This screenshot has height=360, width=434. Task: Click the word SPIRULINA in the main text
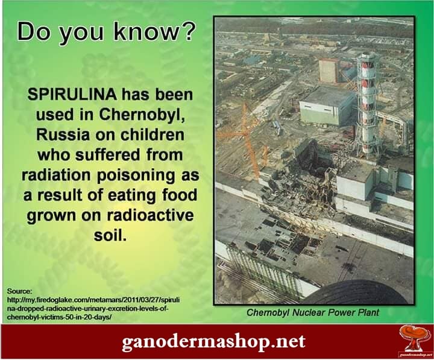click(x=72, y=95)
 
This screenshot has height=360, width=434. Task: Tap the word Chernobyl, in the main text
click(x=142, y=115)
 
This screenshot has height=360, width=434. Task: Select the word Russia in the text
click(x=63, y=135)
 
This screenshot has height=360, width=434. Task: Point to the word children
click(x=152, y=134)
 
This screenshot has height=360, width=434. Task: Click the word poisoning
click(x=136, y=175)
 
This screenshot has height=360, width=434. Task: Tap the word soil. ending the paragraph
click(x=110, y=235)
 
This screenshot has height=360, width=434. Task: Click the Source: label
click(x=20, y=291)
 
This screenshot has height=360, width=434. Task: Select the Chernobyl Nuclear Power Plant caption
click(x=312, y=312)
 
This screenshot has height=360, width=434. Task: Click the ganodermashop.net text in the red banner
click(x=213, y=341)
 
